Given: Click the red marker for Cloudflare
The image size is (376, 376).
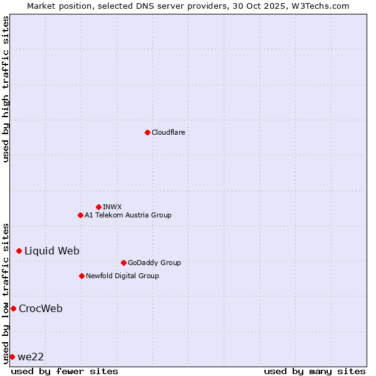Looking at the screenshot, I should (147, 132).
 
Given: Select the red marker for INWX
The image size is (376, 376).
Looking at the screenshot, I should (98, 207).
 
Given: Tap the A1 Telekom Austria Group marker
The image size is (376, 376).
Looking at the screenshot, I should (80, 215).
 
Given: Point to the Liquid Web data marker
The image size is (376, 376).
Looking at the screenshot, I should (19, 251).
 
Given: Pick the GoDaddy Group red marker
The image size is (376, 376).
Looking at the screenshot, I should (123, 263).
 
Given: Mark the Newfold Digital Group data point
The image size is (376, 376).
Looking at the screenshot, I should (81, 276).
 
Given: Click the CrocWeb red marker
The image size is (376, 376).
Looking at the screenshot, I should (13, 308).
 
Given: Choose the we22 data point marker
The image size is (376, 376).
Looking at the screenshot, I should (12, 357).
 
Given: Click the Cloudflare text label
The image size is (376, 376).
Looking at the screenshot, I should (169, 132).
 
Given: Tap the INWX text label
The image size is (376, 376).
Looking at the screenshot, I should (112, 207).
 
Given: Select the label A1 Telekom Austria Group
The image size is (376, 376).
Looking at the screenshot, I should (128, 215).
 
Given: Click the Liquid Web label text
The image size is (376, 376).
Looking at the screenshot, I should (52, 251).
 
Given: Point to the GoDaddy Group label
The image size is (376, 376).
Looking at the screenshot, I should (154, 263).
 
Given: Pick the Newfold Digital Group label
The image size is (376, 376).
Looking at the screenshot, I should (122, 276).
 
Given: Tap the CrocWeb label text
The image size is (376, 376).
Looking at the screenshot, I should (41, 308).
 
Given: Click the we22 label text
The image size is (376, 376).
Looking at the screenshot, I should (31, 357).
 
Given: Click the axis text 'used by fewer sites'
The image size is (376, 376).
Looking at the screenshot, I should (65, 371).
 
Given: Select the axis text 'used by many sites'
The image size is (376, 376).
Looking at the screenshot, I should (315, 371).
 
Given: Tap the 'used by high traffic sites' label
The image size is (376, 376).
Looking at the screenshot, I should (6, 89).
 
